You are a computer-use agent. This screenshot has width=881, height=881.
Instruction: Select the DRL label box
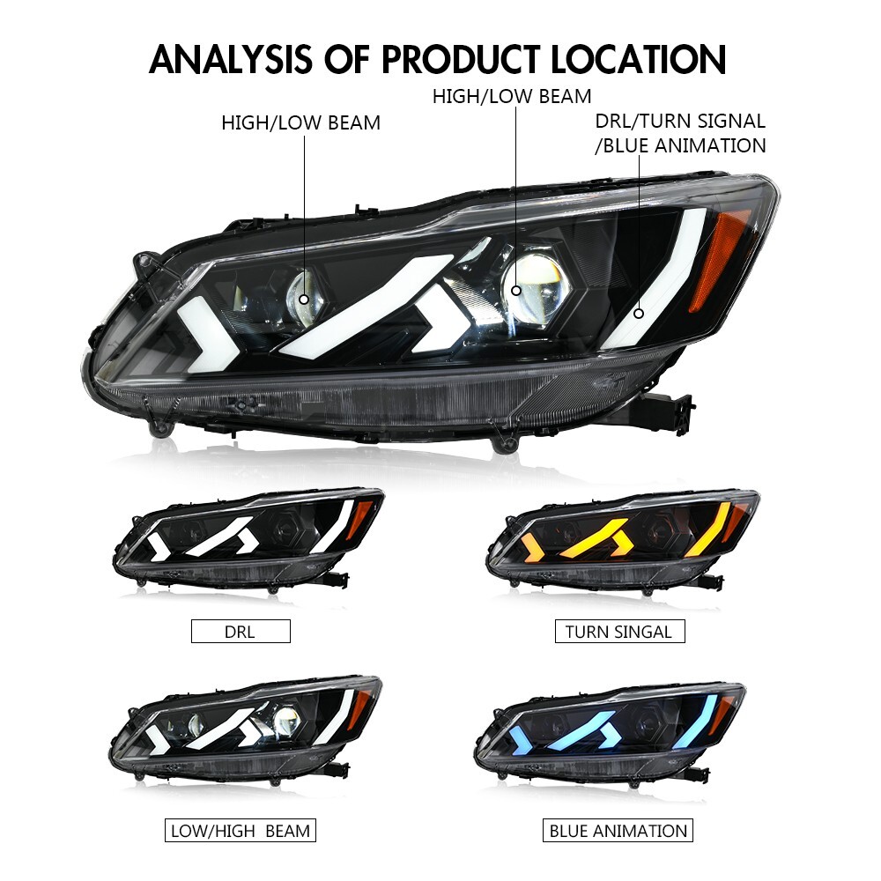[x=240, y=631]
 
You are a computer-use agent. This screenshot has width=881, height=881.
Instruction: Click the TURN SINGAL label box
[x=618, y=631]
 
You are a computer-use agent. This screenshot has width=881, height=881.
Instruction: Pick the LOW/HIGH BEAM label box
[x=240, y=830]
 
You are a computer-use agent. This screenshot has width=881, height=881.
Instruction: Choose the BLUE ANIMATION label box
[x=618, y=830]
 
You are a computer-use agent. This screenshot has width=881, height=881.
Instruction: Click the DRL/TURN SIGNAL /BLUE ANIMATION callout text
[x=680, y=133]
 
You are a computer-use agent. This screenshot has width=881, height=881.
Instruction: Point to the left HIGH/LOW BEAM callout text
[x=300, y=123]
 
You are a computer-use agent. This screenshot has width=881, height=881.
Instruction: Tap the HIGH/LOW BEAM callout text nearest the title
[x=511, y=96]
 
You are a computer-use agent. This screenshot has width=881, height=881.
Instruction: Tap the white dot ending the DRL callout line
[x=639, y=312]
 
